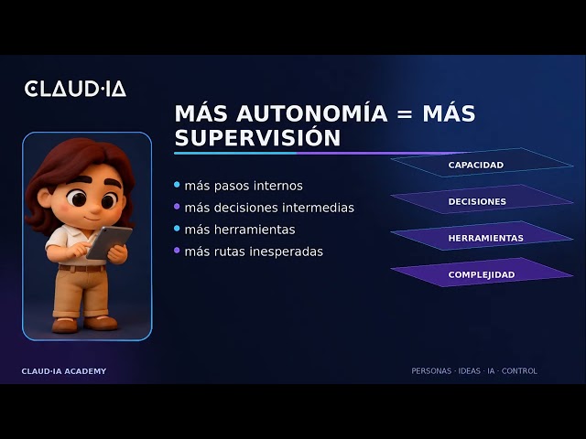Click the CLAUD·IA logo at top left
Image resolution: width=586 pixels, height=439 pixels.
click(x=75, y=89)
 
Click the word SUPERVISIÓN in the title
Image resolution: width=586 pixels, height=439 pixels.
click(x=257, y=138)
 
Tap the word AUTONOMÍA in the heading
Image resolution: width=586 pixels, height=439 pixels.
click(x=311, y=113)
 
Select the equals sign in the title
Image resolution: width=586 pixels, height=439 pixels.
click(x=405, y=114)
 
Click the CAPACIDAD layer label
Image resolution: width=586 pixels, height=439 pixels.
click(x=476, y=165)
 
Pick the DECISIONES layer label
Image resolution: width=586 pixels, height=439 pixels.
click(x=477, y=201)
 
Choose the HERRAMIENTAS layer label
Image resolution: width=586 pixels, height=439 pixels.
click(x=486, y=238)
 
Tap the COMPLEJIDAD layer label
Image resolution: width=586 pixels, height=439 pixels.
click(x=482, y=274)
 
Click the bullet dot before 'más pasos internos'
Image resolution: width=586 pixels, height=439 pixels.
click(x=177, y=185)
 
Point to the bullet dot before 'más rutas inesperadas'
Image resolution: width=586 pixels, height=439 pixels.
click(x=177, y=250)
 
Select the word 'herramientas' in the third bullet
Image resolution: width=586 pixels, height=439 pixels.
click(x=255, y=230)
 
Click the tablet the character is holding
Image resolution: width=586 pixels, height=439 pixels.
click(x=109, y=242)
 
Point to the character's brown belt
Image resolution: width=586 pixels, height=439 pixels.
click(x=81, y=268)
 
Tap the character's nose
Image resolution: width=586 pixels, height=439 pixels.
click(x=95, y=209)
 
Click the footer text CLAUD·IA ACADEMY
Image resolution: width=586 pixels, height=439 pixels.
click(x=64, y=371)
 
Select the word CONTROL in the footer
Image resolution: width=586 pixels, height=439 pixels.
click(x=519, y=371)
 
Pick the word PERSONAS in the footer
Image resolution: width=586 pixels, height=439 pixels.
click(x=431, y=371)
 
